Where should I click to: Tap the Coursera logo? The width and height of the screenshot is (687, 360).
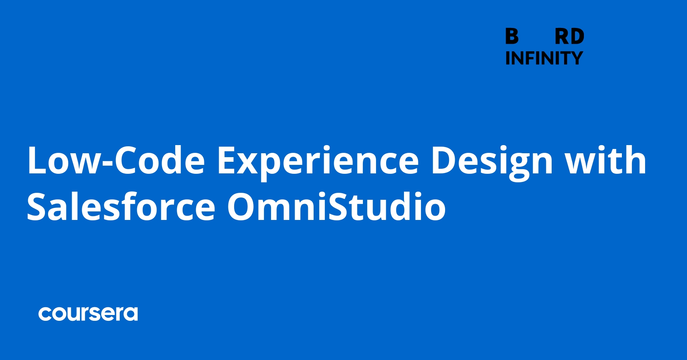[x=88, y=314]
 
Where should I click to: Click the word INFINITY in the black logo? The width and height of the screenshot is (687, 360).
[x=544, y=58]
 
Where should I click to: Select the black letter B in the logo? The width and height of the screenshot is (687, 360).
[x=512, y=37]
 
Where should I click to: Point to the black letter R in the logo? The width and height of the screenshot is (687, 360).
[x=562, y=37]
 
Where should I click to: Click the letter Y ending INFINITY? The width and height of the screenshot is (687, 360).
[x=576, y=58]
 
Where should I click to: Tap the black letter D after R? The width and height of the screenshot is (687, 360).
[x=577, y=37]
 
